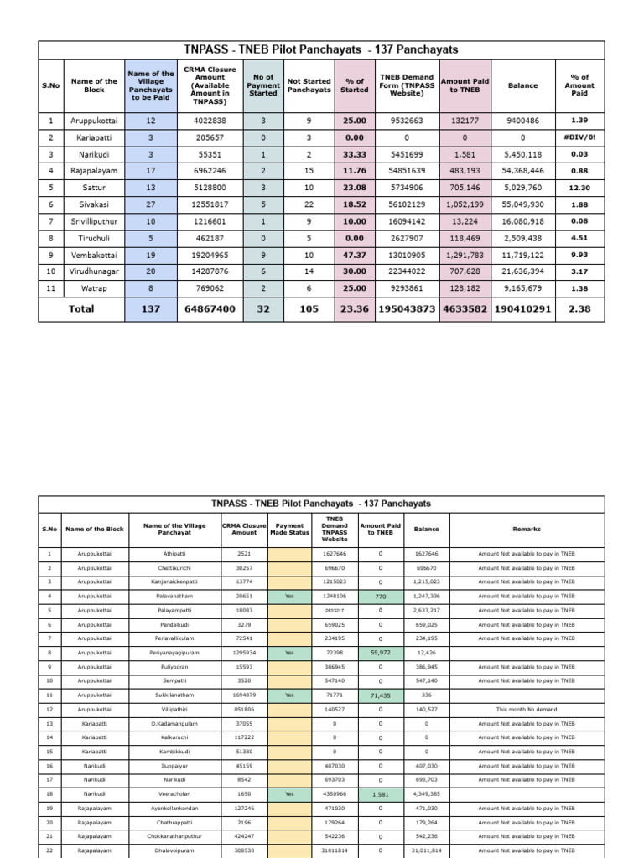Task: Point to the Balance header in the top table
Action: click(x=522, y=85)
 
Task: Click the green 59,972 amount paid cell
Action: click(x=380, y=652)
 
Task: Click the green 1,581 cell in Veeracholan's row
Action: click(x=380, y=794)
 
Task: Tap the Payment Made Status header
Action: click(x=289, y=529)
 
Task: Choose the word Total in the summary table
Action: click(x=81, y=308)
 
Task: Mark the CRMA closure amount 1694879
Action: click(x=244, y=695)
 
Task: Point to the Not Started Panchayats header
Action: click(x=309, y=85)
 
